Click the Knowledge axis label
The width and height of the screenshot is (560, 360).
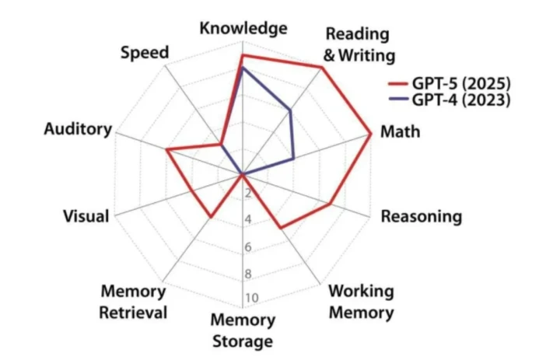point(243,29)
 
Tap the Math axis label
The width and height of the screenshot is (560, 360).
point(400,131)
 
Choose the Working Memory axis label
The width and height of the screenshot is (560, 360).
point(360,302)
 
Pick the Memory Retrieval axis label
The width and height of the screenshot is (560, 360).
point(134,302)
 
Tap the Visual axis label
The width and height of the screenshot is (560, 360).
point(86,216)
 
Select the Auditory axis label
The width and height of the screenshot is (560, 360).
point(78,129)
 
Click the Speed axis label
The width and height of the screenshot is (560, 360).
point(145,54)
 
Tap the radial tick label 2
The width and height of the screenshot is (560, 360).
point(248,194)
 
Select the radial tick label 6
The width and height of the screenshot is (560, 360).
point(248,247)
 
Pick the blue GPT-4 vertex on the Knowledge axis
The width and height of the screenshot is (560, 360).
point(243,68)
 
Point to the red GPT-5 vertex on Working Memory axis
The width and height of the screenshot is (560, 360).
point(281,228)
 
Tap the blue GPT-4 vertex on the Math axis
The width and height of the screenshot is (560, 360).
point(294,159)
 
